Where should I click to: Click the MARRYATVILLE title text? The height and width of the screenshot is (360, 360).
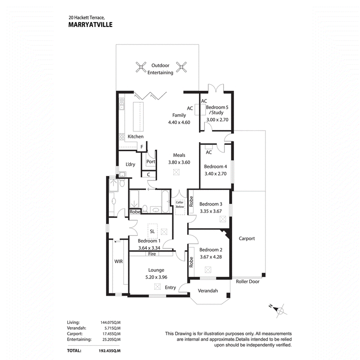[90, 25]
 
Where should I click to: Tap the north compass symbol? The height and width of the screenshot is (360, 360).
[279, 310]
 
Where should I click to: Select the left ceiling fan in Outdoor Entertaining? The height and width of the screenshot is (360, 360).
[141, 67]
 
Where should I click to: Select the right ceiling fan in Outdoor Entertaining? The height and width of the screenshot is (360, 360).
[181, 67]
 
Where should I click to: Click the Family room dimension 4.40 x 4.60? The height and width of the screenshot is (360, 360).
[179, 122]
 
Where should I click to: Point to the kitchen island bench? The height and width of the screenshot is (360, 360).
[139, 117]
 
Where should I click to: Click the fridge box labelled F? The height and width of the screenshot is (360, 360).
[142, 147]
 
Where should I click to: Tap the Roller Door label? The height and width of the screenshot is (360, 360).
[248, 282]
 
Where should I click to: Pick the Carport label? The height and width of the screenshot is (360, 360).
[247, 238]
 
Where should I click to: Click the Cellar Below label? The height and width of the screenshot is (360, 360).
[180, 205]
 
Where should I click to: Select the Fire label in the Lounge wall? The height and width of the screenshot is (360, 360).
[152, 254]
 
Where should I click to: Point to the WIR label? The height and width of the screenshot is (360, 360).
[118, 261]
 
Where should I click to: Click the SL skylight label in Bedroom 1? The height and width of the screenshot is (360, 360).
[152, 231]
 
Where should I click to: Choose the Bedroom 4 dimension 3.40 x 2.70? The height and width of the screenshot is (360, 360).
[216, 174]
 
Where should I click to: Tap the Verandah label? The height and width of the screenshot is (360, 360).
[208, 291]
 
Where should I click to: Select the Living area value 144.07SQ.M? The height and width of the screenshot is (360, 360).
[110, 322]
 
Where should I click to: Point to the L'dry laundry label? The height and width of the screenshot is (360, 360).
[130, 164]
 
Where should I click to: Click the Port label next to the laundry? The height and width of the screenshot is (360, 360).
[151, 162]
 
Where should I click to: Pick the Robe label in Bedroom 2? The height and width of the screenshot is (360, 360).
[191, 262]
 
